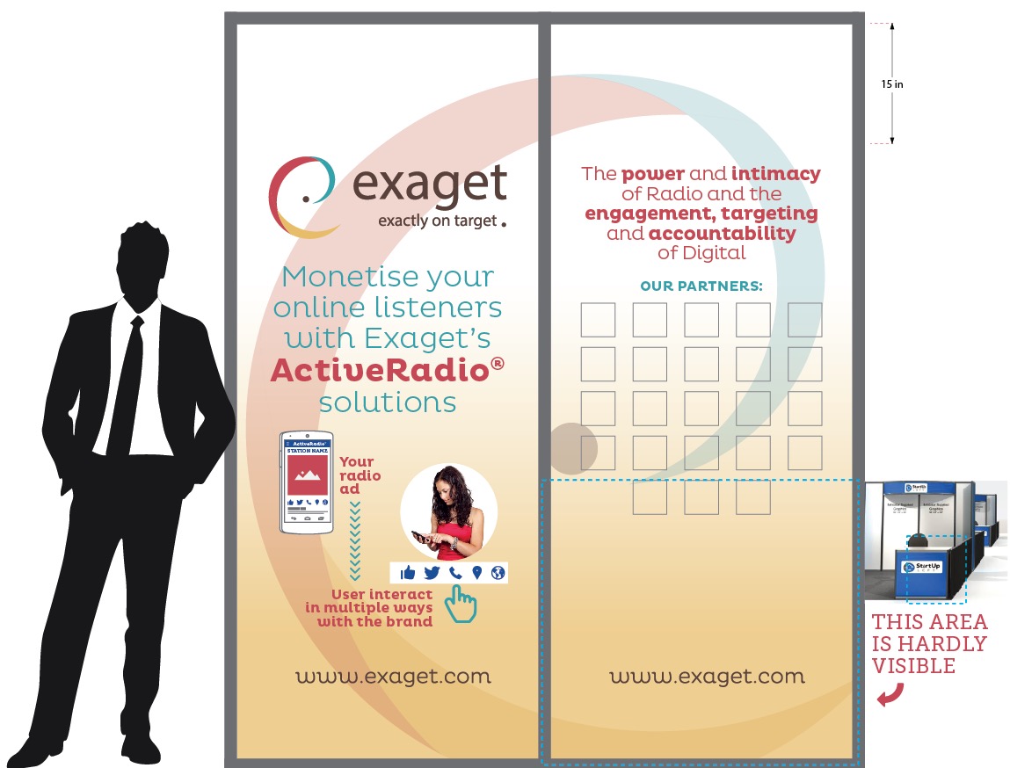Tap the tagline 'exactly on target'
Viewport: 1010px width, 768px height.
(x=437, y=221)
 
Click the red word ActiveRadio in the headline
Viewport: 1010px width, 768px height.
(x=380, y=371)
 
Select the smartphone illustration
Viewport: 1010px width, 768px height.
(x=307, y=482)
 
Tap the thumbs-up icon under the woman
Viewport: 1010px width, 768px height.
(x=408, y=573)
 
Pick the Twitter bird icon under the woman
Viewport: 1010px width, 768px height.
(x=432, y=573)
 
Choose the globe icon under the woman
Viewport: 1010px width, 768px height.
(x=498, y=573)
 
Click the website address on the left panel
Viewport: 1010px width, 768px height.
(x=393, y=677)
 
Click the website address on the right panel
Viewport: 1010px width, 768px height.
(x=707, y=677)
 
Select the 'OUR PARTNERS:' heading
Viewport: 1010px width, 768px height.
(x=701, y=286)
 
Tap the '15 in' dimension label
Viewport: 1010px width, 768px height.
(x=892, y=84)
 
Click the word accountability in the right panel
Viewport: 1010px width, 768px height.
(x=723, y=234)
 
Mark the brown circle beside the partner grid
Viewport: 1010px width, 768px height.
(x=573, y=447)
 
